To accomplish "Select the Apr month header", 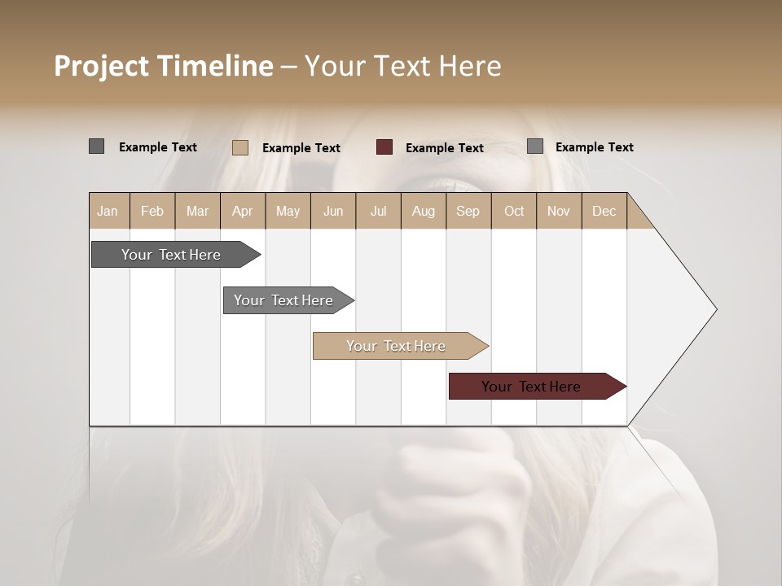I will [x=243, y=211].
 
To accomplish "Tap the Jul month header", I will [x=378, y=211].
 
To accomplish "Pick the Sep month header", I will [x=468, y=211].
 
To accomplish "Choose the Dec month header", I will [x=604, y=211].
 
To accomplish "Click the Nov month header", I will [x=559, y=211].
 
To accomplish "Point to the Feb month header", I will [x=152, y=211].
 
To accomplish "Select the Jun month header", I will [x=333, y=211].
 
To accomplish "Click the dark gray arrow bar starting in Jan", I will [x=172, y=255].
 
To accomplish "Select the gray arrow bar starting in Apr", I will [x=284, y=300].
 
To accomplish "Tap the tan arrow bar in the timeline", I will [x=397, y=346].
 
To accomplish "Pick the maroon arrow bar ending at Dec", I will [x=532, y=387].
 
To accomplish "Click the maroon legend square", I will [x=384, y=147].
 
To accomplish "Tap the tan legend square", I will [x=240, y=147].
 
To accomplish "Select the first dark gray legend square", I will [x=96, y=146].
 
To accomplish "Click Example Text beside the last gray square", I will [x=595, y=147].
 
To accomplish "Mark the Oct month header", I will [x=514, y=211].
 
